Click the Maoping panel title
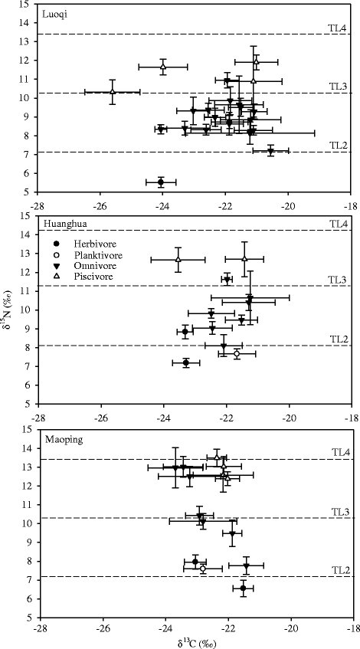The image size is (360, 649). (58, 439)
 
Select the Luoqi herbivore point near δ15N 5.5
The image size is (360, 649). (161, 182)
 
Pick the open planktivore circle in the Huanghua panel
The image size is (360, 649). (237, 353)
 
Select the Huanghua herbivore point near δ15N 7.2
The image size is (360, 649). (186, 362)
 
